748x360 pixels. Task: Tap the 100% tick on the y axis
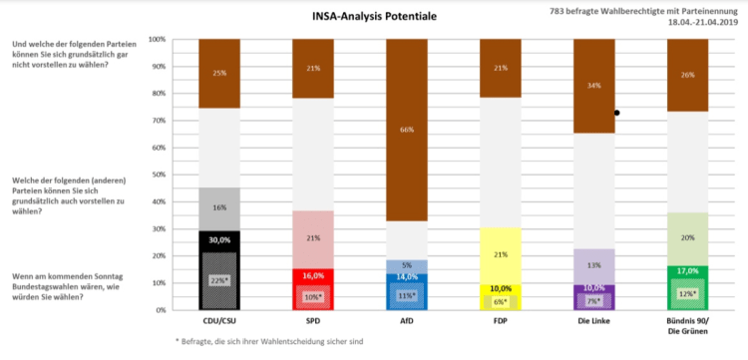pos(158,40)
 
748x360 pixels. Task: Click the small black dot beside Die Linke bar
pos(618,113)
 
